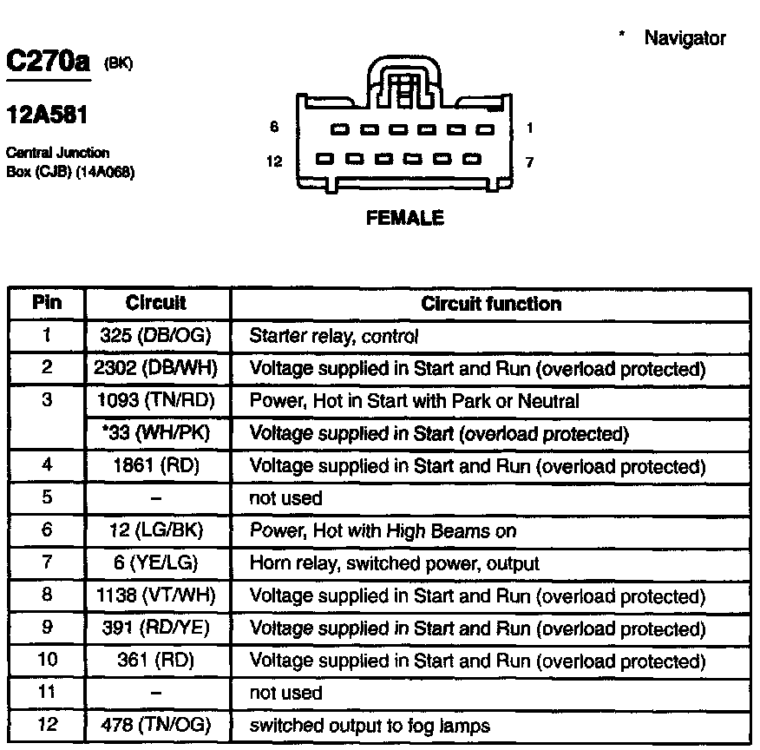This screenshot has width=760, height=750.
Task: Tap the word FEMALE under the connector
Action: click(404, 218)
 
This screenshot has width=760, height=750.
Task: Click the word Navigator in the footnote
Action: click(685, 38)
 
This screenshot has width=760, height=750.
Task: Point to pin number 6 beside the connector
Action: click(274, 128)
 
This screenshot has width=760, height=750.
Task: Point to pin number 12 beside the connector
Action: click(274, 161)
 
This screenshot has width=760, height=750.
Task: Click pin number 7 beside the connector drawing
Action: click(529, 161)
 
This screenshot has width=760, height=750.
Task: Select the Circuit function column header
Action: click(490, 304)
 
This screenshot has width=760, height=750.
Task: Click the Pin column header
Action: click(47, 304)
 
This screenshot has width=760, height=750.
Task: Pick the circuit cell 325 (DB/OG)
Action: click(157, 336)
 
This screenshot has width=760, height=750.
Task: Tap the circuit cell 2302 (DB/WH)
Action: click(157, 369)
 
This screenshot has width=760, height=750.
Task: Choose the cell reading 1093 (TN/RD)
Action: click(157, 401)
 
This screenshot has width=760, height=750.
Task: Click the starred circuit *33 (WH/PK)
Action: click(157, 433)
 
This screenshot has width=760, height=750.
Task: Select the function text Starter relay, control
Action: click(334, 336)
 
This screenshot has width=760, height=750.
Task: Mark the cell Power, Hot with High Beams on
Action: click(383, 530)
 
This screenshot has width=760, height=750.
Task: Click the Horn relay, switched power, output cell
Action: click(394, 563)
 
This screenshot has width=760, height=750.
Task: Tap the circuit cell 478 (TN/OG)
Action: click(157, 725)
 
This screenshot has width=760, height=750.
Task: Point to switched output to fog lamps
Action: click(370, 725)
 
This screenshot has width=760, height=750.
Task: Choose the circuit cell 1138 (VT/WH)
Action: click(157, 596)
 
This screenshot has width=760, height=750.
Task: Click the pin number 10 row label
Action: click(47, 661)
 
